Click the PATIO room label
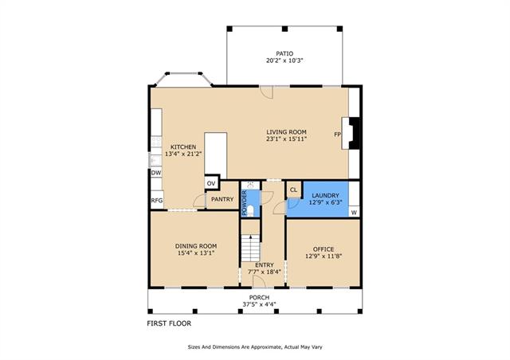(x=284, y=53)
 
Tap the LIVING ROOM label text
(x=286, y=132)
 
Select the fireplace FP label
(x=337, y=134)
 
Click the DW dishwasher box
(x=156, y=173)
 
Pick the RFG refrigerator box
(x=156, y=201)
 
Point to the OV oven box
(x=211, y=183)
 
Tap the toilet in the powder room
(x=250, y=211)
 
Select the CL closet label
(x=293, y=190)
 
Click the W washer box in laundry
(x=354, y=213)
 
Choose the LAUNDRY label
(x=325, y=195)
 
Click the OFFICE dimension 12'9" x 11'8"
(x=324, y=256)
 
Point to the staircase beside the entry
(x=250, y=248)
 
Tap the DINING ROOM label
(x=196, y=246)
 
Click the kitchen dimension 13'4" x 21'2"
(x=183, y=154)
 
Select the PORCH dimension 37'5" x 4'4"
(x=259, y=304)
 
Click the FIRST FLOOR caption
(x=169, y=323)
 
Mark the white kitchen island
(x=215, y=155)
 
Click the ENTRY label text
(x=265, y=265)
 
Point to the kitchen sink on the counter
(x=156, y=161)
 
